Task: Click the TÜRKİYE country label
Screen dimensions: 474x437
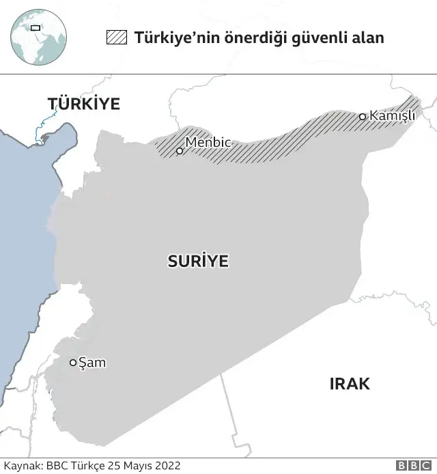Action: (x=83, y=104)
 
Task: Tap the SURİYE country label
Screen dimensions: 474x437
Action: (x=198, y=261)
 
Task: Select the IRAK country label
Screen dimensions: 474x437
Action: (x=350, y=384)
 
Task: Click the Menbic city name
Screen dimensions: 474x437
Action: (x=208, y=143)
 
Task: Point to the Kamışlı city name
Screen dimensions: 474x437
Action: (x=392, y=115)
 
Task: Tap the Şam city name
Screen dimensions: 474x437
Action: (x=92, y=363)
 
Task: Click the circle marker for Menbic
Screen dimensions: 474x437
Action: (x=180, y=151)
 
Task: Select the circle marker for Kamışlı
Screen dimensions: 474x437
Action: (x=363, y=117)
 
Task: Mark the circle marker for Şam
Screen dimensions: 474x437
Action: (x=73, y=363)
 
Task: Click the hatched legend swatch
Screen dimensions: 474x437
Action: (x=116, y=37)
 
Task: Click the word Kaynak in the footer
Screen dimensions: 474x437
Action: (x=22, y=465)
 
